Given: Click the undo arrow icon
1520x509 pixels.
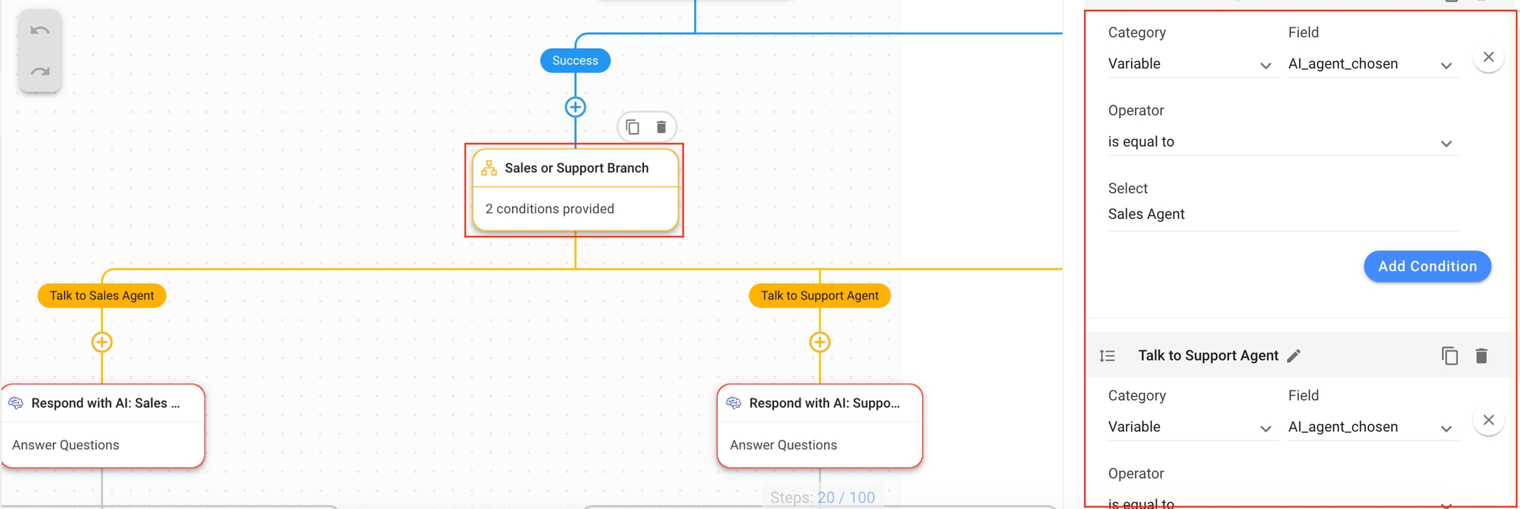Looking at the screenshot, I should [x=40, y=30].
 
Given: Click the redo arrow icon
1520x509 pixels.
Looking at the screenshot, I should [x=40, y=71].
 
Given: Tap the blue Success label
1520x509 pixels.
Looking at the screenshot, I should [x=575, y=61].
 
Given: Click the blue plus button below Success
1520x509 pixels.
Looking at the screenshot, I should [x=575, y=107].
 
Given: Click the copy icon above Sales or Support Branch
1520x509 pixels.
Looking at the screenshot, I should [x=632, y=127].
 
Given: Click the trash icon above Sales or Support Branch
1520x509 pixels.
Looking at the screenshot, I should [x=661, y=127].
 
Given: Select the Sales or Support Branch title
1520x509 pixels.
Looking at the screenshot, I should [x=576, y=168].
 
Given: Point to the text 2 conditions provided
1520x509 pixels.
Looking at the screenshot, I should [x=550, y=209].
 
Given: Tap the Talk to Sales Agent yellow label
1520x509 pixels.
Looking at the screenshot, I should [x=102, y=295].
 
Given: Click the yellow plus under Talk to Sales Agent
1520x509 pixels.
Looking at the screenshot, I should [x=102, y=342].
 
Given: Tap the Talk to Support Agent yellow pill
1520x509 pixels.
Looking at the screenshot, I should [x=819, y=295].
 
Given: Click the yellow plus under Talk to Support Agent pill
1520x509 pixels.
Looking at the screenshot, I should [x=819, y=342].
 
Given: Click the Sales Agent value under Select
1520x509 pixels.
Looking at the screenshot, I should [x=1147, y=214].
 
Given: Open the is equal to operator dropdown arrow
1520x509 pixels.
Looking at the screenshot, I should [x=1446, y=143].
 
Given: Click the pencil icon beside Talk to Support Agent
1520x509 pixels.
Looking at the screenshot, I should [x=1294, y=356].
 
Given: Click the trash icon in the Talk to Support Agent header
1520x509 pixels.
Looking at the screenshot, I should [x=1481, y=356].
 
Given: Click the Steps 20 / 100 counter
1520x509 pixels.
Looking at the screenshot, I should [x=822, y=497].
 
